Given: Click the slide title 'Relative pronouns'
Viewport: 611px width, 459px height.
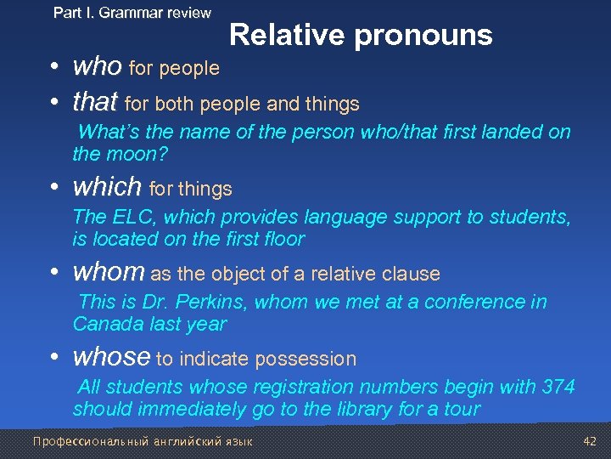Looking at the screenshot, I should point(361,35).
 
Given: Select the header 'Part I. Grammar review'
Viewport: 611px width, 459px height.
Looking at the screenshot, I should point(132,13).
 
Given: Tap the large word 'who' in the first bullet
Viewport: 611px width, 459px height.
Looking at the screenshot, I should point(98,66).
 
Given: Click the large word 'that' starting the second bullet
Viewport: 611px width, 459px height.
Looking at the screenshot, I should point(95,103).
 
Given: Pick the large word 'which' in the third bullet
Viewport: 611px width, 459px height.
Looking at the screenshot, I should point(108,186).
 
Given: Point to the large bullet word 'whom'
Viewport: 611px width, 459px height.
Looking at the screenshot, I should point(109,272).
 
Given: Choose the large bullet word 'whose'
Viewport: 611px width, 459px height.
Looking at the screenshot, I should point(112,357).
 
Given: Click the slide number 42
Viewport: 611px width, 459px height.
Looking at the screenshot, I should point(591,441).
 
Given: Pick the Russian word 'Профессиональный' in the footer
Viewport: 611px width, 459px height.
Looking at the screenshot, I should point(81,441).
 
